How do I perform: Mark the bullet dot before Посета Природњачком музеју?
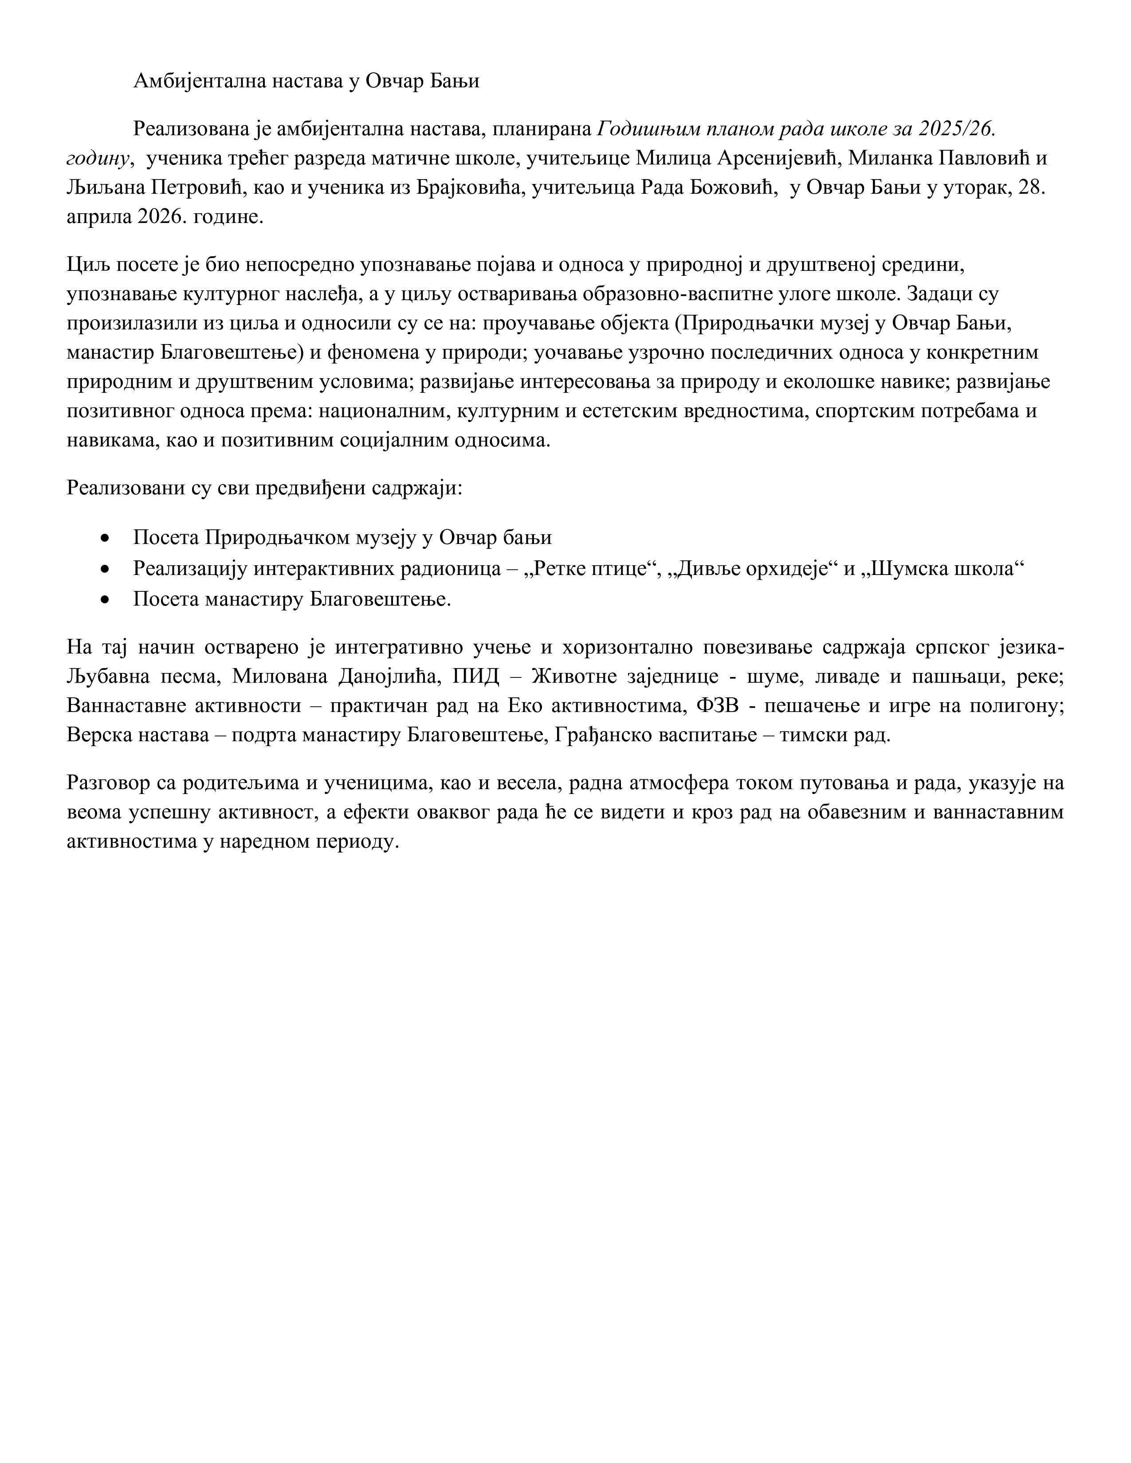pos(105,538)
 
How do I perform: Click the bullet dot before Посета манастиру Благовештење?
pos(105,599)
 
